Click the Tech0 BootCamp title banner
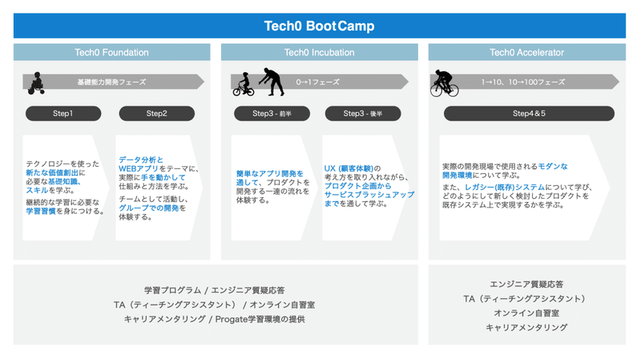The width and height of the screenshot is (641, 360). point(319,26)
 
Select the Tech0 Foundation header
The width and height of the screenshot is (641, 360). point(111,52)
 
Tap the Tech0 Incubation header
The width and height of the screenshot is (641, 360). point(319,52)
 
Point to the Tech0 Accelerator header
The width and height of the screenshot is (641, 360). point(527,52)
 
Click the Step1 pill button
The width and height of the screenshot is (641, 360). point(63,113)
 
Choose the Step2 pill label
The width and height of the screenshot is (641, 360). point(156,113)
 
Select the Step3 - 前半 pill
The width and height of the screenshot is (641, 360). point(272,113)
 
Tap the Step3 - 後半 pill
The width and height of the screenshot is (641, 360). point(363,113)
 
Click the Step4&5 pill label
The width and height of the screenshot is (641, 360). point(529,113)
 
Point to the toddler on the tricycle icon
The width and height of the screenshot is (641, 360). point(36,83)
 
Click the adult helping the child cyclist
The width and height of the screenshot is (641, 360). point(272,82)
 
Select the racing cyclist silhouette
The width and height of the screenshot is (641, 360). point(444,83)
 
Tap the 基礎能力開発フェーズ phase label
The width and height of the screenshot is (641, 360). point(111,82)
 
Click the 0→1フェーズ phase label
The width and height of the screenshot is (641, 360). point(317,82)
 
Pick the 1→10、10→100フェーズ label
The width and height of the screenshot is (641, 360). point(523,82)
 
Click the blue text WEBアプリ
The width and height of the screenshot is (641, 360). point(139,168)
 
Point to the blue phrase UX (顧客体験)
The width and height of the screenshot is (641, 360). point(349,168)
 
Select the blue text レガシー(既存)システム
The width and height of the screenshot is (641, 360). point(505,187)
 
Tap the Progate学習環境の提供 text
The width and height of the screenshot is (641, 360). point(260,319)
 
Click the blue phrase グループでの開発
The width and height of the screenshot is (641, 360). point(149,208)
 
